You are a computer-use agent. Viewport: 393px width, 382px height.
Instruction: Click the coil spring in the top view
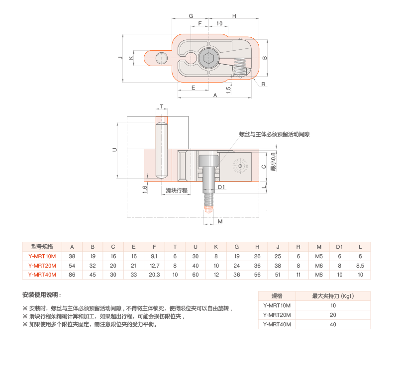(239, 68)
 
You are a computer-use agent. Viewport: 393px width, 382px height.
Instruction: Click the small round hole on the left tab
(161, 59)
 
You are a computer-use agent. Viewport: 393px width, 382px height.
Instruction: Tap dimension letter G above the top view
(191, 16)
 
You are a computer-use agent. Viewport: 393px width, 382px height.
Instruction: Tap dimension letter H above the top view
(234, 16)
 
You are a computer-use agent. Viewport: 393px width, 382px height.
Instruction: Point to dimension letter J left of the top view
(120, 58)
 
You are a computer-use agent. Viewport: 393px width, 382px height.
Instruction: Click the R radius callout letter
(264, 84)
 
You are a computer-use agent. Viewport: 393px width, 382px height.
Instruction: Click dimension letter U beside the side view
(114, 149)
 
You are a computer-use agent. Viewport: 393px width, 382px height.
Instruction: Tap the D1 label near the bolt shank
(222, 188)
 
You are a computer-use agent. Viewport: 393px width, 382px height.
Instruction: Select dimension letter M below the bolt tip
(220, 222)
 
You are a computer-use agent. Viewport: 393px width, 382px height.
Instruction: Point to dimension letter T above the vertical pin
(162, 107)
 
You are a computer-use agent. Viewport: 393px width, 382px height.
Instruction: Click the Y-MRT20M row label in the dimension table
(42, 266)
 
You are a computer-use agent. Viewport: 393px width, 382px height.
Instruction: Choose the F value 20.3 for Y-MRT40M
(154, 275)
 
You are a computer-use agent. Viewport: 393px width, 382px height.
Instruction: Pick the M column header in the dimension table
(319, 247)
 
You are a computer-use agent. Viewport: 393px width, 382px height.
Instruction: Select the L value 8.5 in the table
(360, 266)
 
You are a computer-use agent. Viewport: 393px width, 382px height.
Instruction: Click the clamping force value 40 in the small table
(333, 324)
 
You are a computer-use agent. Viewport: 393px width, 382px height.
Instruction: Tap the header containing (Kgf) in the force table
(333, 296)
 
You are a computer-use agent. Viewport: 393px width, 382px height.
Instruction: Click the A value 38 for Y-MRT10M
(72, 256)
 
